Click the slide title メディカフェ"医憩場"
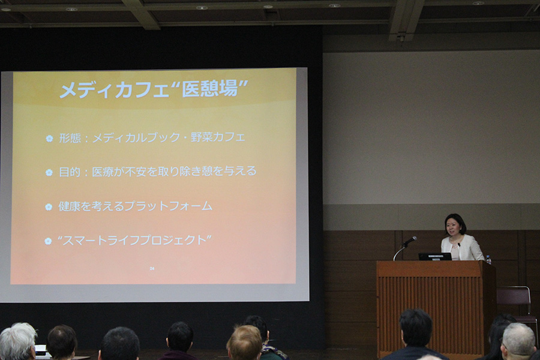coord(154,90)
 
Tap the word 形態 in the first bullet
coord(70,138)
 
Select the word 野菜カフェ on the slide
coord(218,137)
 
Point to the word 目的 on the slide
coord(70,172)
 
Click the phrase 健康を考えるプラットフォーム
coord(136,206)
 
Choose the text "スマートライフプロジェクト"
coord(134,240)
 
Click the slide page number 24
coord(152,268)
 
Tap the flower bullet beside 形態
coord(49,139)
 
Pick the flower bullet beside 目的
coord(49,172)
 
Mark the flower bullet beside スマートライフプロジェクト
coord(48,241)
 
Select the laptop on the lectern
coord(435,257)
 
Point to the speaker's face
coord(452,227)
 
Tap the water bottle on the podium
coord(488,260)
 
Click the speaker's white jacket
coord(463,248)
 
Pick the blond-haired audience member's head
coord(245,343)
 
